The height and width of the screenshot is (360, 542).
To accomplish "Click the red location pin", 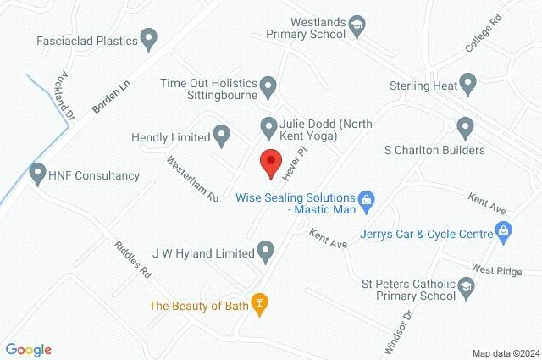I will coord(270,161).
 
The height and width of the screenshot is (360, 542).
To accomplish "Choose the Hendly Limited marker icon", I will coord(221,134).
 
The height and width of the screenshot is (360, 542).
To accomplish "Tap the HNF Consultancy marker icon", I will coord(37,174).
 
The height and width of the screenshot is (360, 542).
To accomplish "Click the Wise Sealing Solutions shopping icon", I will coord(366,200).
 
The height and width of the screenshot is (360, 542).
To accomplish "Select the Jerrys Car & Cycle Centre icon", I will coord(504,230).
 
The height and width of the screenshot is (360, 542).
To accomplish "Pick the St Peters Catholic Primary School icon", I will coord(466,291).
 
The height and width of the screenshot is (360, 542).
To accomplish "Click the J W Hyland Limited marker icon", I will coord(266,251).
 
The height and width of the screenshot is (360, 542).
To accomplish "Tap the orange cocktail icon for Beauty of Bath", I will coord(260,305).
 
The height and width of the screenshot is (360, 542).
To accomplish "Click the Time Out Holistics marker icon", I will coord(268,86).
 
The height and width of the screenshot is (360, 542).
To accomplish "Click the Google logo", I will coord(29,350).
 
